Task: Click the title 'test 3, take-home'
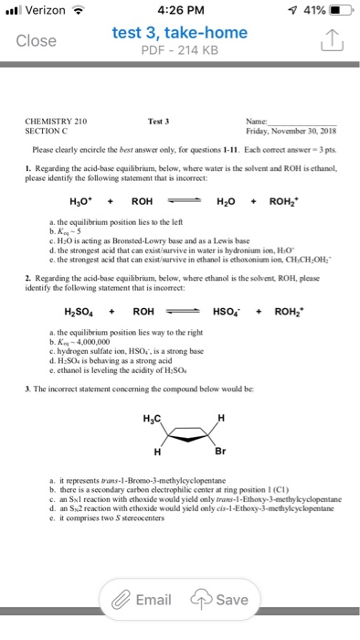179,33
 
